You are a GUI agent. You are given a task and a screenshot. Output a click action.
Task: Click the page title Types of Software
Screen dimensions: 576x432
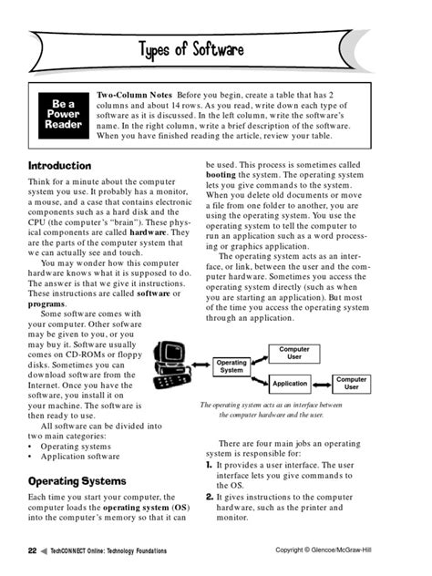[x=216, y=47]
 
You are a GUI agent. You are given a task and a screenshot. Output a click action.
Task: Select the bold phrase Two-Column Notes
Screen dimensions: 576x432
[x=137, y=95]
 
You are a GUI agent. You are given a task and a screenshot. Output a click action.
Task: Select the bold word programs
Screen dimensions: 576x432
[x=46, y=303]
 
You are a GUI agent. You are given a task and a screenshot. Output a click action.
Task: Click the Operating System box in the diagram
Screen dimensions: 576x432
[x=231, y=366]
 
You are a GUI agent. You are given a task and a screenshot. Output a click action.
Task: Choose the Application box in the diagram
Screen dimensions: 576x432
[x=290, y=384]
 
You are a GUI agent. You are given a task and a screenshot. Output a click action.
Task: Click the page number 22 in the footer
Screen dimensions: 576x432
[x=32, y=550]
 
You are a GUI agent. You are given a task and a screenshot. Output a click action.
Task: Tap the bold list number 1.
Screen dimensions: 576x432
[x=210, y=465]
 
